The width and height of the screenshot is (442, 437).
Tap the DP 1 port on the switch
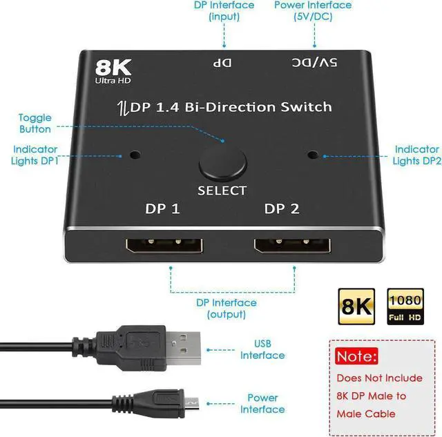tap(162, 246)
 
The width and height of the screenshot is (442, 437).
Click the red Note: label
tap(356, 356)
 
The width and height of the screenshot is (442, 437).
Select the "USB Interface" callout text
tap(262, 350)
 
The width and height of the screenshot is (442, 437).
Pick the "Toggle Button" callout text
tap(35, 124)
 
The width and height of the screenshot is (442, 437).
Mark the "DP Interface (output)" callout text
tap(227, 308)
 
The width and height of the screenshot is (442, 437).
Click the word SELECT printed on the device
tap(222, 191)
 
